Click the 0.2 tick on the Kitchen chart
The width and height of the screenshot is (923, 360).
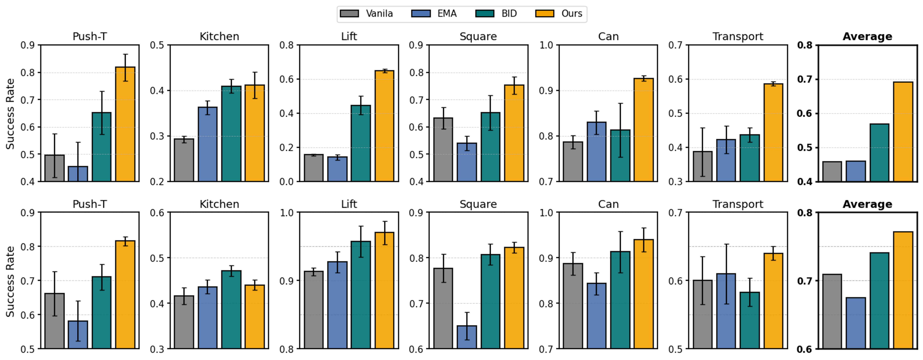[x=157, y=182]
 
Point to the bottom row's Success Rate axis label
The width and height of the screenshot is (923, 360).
[x=10, y=281]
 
